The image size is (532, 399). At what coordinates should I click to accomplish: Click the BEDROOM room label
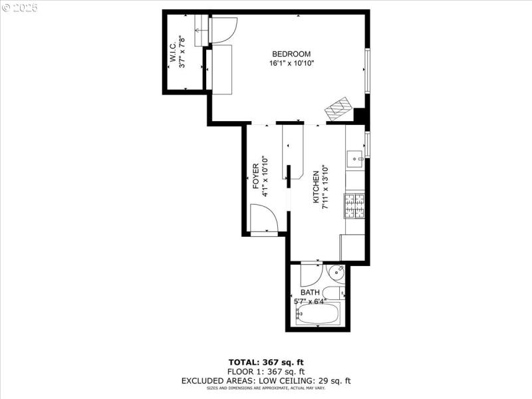[x=291, y=54]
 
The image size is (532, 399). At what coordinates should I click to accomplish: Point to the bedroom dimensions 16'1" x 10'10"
[x=291, y=63]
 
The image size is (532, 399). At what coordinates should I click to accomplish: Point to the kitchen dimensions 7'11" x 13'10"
[x=326, y=187]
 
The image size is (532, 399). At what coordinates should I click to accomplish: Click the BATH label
[x=310, y=293]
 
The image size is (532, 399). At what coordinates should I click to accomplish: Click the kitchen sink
[x=355, y=158]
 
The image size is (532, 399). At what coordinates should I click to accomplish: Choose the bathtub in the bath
[x=318, y=314]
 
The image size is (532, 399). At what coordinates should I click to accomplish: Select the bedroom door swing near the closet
[x=221, y=29]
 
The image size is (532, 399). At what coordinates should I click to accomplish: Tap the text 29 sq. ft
[x=332, y=381]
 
